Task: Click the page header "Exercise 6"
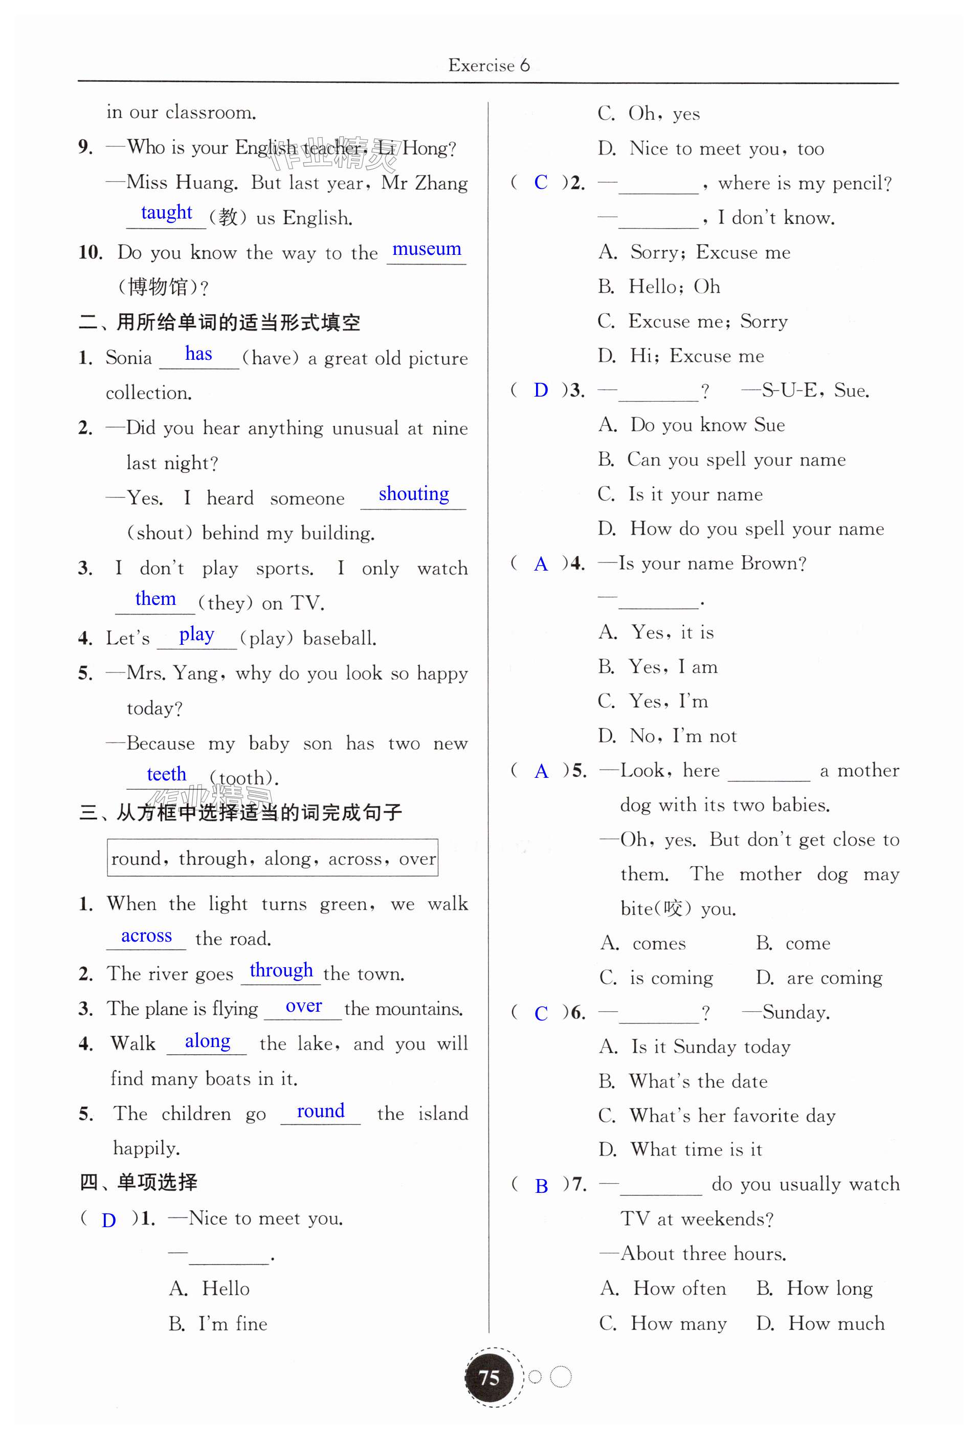(488, 65)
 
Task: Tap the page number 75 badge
(488, 1378)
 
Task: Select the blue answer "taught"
(166, 213)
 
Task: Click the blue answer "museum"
(426, 249)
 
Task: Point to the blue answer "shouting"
(414, 494)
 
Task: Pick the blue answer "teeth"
(166, 774)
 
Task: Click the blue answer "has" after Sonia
(198, 354)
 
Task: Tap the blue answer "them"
(155, 599)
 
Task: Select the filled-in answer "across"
(147, 936)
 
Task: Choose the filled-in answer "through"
(281, 970)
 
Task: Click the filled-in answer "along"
(207, 1041)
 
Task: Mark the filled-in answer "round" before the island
(320, 1112)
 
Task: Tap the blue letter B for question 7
(541, 1186)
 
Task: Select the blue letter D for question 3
(541, 390)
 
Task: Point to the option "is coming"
(671, 977)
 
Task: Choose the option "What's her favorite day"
(732, 1116)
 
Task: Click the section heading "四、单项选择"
(139, 1183)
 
